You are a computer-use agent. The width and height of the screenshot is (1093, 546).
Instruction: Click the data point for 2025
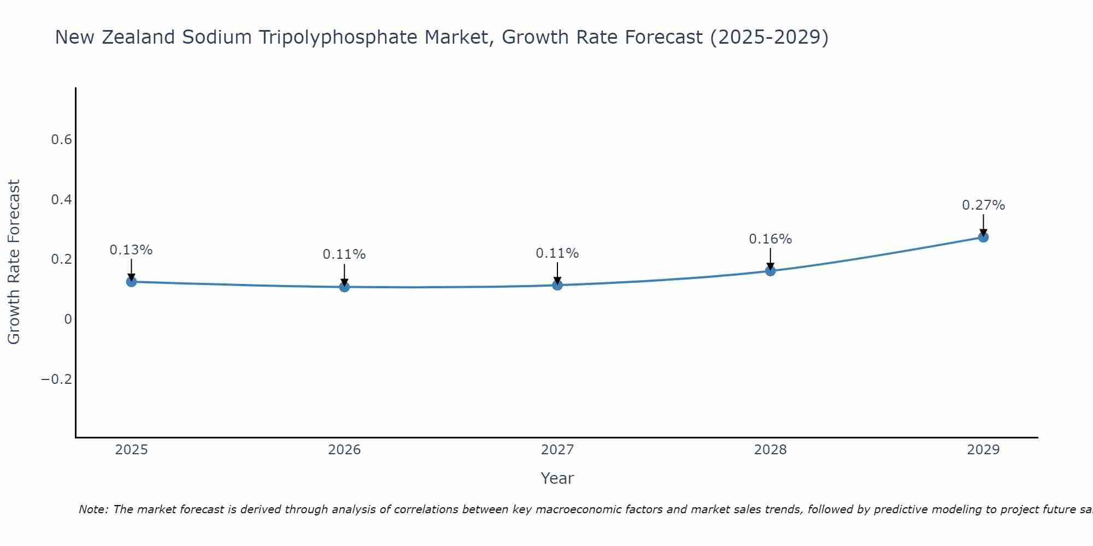click(131, 282)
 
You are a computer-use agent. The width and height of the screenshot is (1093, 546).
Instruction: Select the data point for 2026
click(344, 287)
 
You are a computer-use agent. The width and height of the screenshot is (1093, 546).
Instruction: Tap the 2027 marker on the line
click(557, 285)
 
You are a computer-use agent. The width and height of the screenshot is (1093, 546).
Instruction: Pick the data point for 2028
click(771, 271)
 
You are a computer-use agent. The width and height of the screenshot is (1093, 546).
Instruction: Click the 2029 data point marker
click(983, 237)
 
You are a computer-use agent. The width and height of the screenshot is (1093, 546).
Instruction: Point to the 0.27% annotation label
click(983, 205)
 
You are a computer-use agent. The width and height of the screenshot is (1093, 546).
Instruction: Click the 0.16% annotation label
click(770, 239)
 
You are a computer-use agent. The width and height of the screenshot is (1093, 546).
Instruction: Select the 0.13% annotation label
click(131, 250)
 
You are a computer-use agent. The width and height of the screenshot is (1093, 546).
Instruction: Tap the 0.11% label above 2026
click(344, 254)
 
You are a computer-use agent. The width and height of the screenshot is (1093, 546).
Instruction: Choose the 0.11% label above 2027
click(557, 253)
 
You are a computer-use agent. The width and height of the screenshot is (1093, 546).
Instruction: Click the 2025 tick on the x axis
click(132, 450)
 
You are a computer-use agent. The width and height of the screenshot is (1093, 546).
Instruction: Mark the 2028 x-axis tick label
click(771, 450)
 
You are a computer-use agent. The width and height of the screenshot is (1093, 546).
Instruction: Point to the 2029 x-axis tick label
click(983, 450)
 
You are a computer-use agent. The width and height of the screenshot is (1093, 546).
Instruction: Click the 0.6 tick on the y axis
click(62, 140)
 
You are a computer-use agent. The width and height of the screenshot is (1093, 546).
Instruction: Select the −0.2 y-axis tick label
click(57, 379)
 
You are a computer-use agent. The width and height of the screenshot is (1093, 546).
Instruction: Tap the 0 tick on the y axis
click(68, 319)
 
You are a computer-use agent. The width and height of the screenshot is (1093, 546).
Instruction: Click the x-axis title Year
click(557, 478)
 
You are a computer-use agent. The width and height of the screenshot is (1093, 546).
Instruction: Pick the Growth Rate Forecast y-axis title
click(14, 262)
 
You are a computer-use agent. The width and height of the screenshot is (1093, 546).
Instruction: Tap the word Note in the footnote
click(92, 509)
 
